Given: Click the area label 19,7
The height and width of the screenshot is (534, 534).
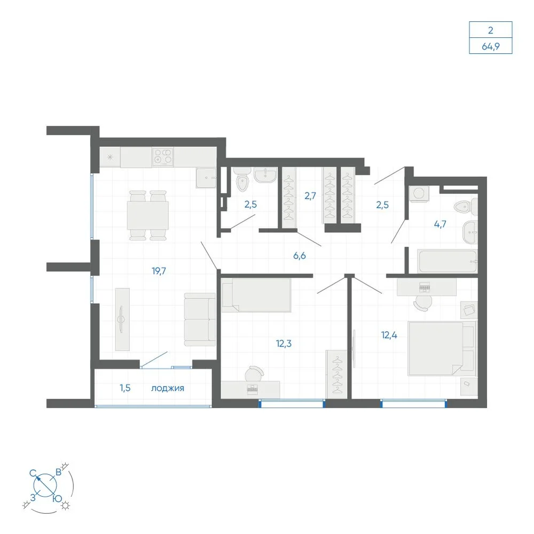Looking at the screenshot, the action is point(159,271).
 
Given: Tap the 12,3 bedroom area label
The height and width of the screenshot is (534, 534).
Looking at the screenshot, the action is point(284,343).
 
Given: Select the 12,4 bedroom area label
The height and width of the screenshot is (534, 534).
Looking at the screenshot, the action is point(389,335).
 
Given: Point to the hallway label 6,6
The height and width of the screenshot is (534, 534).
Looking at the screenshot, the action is point(300,255).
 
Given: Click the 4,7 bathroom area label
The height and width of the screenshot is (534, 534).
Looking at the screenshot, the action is point(440,224).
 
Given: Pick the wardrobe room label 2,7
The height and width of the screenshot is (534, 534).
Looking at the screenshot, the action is point(310,196).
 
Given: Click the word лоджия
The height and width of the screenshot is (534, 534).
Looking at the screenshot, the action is point(168,388).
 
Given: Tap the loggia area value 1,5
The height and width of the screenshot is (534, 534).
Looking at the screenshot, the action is point(125,388).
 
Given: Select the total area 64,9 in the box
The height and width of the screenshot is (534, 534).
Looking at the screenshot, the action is point(490,46).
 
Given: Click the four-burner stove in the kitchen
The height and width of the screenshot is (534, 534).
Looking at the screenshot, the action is point(163,157).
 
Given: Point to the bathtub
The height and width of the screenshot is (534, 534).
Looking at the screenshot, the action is point(447,261).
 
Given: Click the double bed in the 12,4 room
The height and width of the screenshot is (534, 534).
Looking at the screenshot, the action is point(442,348).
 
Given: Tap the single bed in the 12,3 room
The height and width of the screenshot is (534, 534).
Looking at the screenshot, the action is point(256,295).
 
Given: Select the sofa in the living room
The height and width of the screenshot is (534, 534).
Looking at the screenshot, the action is point(200,319).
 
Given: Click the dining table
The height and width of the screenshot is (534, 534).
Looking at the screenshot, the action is point(148,216).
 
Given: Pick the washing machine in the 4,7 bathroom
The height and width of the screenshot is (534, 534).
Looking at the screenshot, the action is point(419,194).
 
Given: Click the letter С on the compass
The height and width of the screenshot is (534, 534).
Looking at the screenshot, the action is point(33,473).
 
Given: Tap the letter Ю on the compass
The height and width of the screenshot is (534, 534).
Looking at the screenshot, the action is point(58,499).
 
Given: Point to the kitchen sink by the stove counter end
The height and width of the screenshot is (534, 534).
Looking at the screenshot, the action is point(206,177).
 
